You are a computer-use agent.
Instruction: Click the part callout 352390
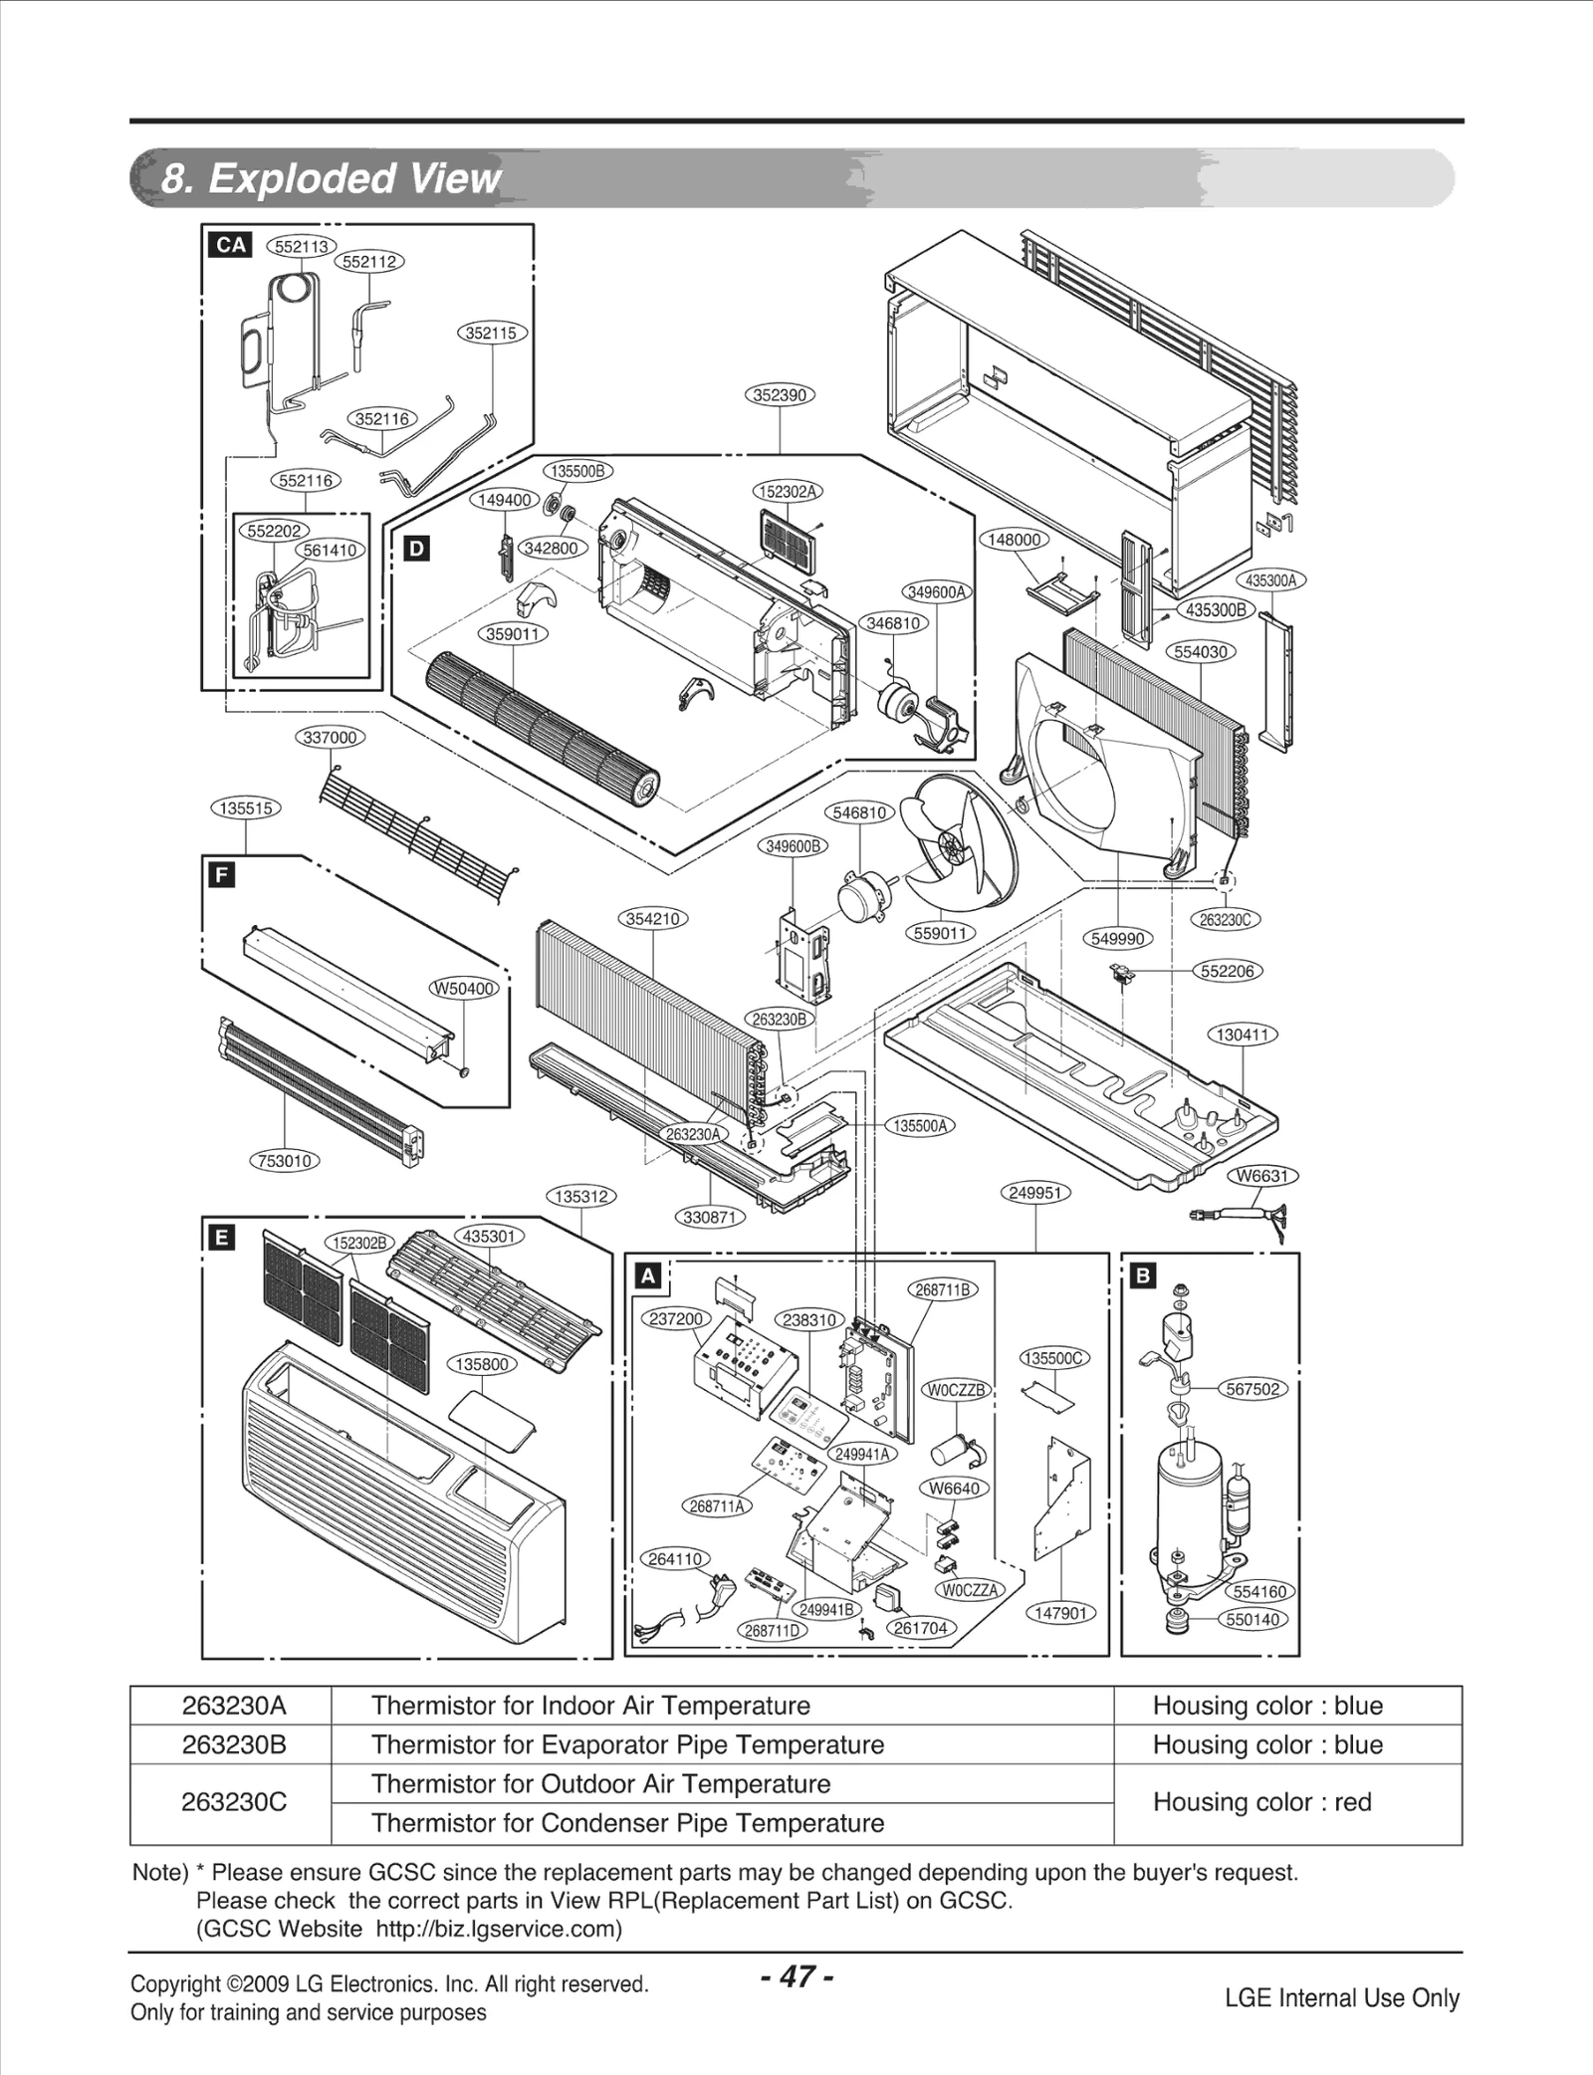pos(780,395)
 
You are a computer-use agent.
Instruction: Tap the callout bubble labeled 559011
pos(940,933)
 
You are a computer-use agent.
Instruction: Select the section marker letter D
pos(417,549)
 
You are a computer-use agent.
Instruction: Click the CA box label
pos(230,245)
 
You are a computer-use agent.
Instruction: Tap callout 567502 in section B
pos(1252,1389)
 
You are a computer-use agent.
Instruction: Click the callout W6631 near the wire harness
pos(1262,1176)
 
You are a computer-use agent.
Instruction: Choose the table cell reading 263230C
pos(233,1801)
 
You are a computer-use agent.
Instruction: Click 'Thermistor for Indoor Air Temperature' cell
pos(590,1706)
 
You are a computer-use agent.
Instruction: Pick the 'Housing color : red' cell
pos(1261,1801)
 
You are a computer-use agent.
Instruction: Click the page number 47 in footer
pos(796,1976)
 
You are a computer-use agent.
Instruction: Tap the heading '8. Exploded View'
pos(331,178)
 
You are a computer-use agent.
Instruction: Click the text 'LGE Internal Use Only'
pos(1341,1997)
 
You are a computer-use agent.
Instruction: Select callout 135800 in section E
pos(482,1364)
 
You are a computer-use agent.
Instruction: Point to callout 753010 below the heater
pos(285,1161)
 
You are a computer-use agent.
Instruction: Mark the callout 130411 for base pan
pos(1243,1035)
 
